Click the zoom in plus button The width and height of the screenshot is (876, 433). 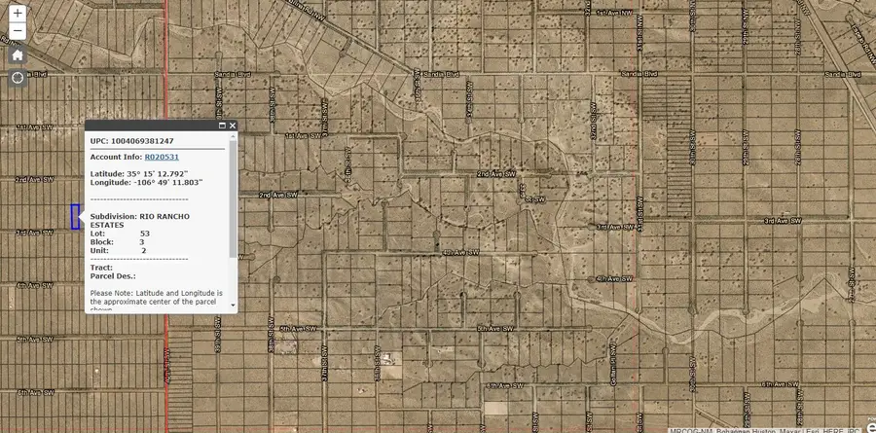[x=18, y=14]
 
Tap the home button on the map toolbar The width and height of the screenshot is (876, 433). [x=18, y=54]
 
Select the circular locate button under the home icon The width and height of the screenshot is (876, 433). [x=18, y=77]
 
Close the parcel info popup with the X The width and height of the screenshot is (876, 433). [x=233, y=126]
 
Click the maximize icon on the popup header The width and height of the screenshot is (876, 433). [x=222, y=126]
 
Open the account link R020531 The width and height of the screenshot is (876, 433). [x=162, y=157]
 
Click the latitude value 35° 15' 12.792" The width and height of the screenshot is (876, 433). [x=154, y=173]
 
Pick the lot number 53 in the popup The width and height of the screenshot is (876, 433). [x=144, y=234]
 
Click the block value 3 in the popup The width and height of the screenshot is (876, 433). [x=141, y=242]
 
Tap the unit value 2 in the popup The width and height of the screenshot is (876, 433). [x=143, y=251]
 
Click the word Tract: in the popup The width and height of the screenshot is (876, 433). [x=101, y=268]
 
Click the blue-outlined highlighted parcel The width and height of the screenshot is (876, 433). [x=74, y=216]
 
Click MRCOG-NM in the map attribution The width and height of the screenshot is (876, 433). [x=692, y=429]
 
